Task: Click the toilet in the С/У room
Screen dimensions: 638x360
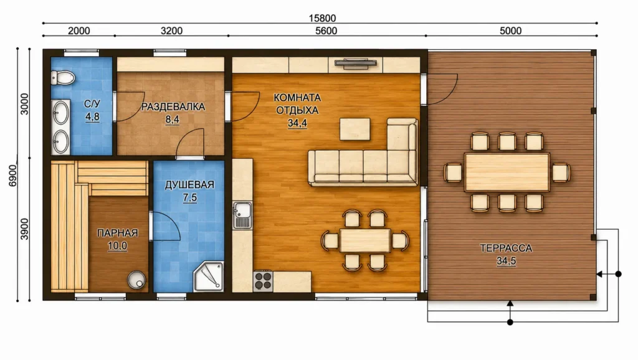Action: click(x=63, y=77)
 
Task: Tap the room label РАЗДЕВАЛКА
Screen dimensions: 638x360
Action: click(x=173, y=107)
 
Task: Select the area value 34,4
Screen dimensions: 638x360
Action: click(x=297, y=123)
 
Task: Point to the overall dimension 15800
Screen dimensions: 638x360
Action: click(x=322, y=18)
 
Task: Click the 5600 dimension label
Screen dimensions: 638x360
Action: click(x=326, y=31)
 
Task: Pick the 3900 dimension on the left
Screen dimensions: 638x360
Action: click(x=24, y=229)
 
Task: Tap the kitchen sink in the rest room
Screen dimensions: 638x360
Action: click(x=242, y=215)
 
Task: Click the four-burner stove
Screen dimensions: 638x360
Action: click(x=264, y=281)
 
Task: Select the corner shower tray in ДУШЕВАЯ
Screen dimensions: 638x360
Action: click(x=209, y=277)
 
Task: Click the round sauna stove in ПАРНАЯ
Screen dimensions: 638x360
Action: click(x=136, y=280)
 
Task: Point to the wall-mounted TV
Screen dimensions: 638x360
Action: click(x=356, y=63)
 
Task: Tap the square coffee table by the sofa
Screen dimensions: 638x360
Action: click(x=355, y=129)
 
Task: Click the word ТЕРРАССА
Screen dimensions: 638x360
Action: click(x=506, y=248)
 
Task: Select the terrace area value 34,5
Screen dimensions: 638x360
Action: click(x=506, y=261)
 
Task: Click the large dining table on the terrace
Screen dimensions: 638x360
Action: click(x=507, y=172)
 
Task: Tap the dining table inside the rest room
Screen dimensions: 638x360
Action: click(x=365, y=240)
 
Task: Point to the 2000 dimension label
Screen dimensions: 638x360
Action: click(x=79, y=31)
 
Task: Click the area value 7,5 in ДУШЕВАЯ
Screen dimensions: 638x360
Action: click(x=189, y=197)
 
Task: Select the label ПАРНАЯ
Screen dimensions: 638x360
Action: click(x=118, y=233)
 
